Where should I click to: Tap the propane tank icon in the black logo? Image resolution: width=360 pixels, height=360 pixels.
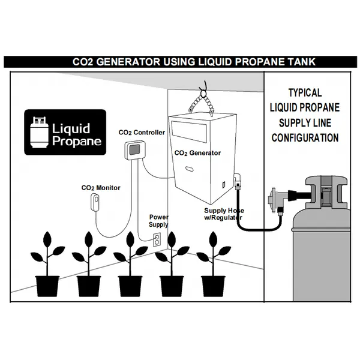(41, 133)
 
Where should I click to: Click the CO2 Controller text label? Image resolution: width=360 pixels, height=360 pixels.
(142, 133)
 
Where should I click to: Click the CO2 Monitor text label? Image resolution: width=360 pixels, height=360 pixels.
(101, 188)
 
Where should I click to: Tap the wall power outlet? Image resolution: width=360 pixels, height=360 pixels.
(157, 239)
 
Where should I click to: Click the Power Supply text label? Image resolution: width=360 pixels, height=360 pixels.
(158, 220)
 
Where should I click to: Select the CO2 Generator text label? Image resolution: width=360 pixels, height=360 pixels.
(197, 153)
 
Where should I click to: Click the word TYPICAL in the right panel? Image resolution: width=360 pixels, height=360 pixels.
(305, 93)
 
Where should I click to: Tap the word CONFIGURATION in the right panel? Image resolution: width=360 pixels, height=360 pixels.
(305, 137)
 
